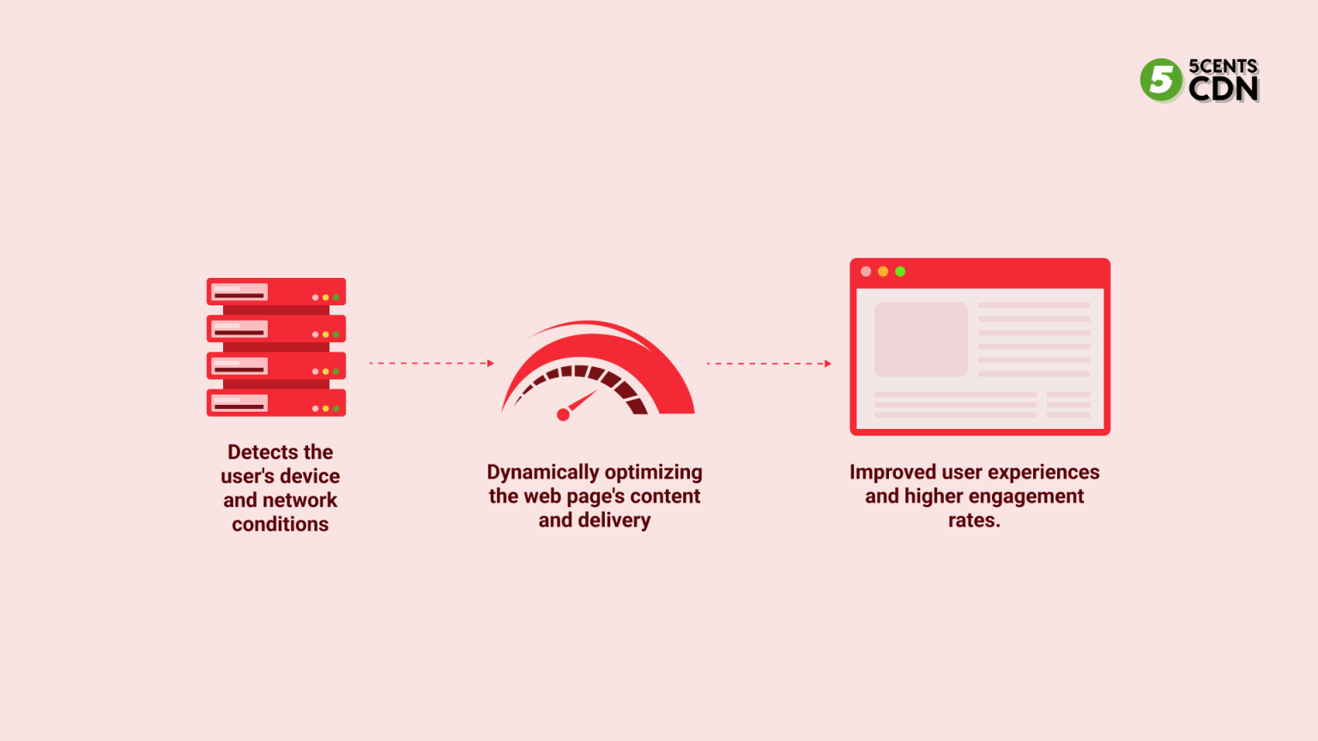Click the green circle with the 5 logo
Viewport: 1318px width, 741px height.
(x=1161, y=80)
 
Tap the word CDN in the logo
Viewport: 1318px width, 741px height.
(x=1224, y=88)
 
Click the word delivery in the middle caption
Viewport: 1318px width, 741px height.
(x=614, y=521)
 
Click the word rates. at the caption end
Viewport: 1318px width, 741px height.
(x=974, y=521)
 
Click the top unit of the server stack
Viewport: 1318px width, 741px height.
(x=276, y=292)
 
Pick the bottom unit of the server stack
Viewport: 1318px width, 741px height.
(x=276, y=403)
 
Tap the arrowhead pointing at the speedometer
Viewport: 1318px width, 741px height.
(x=491, y=364)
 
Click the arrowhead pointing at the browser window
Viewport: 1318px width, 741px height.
(x=828, y=364)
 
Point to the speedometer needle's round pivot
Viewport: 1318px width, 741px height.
(x=563, y=415)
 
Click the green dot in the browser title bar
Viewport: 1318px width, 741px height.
(x=900, y=272)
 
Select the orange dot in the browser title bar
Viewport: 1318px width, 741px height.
(x=883, y=272)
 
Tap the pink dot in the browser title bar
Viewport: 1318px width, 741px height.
(x=866, y=272)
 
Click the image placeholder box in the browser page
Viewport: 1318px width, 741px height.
(x=921, y=340)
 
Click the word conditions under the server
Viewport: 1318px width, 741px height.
(x=280, y=524)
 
